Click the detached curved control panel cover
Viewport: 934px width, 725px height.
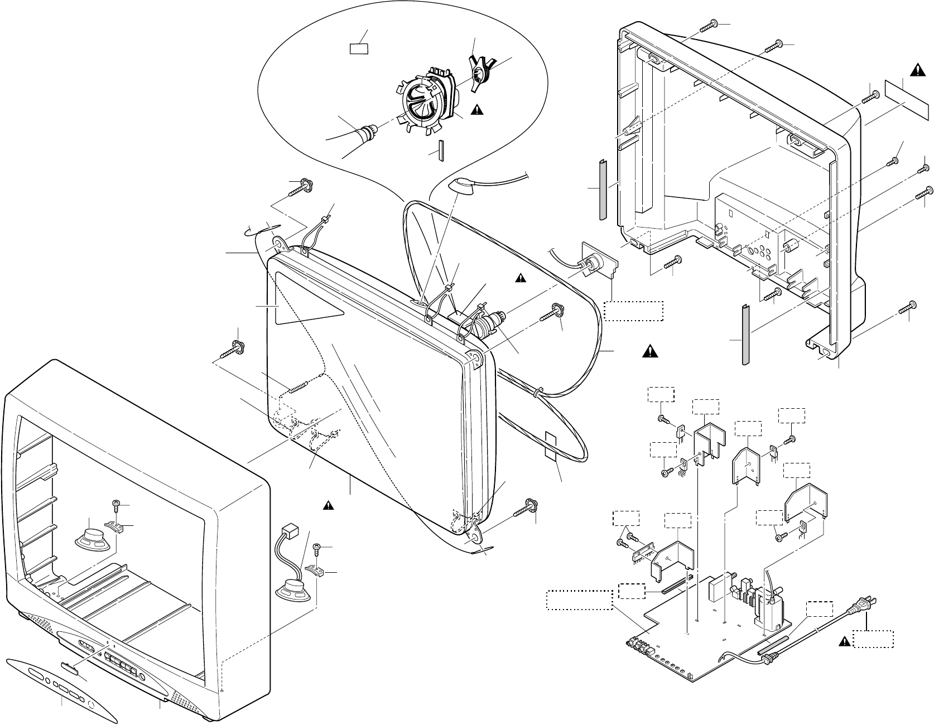(62, 688)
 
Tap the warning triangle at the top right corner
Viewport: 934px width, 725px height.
(917, 69)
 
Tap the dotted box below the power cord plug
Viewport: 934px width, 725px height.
(875, 639)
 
